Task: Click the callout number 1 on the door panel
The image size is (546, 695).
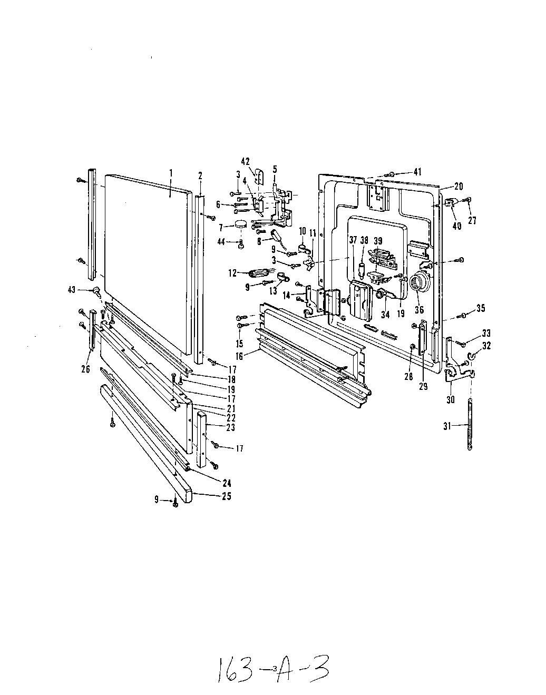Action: coord(171,172)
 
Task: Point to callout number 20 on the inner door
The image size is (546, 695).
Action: coord(458,185)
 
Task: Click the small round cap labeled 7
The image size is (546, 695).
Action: coord(241,224)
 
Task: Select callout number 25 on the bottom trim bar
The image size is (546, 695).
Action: coord(226,496)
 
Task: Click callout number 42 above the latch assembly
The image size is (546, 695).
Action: coord(245,161)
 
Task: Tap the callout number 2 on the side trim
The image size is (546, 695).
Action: coord(200,175)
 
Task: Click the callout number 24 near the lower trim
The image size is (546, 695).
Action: coord(226,483)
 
